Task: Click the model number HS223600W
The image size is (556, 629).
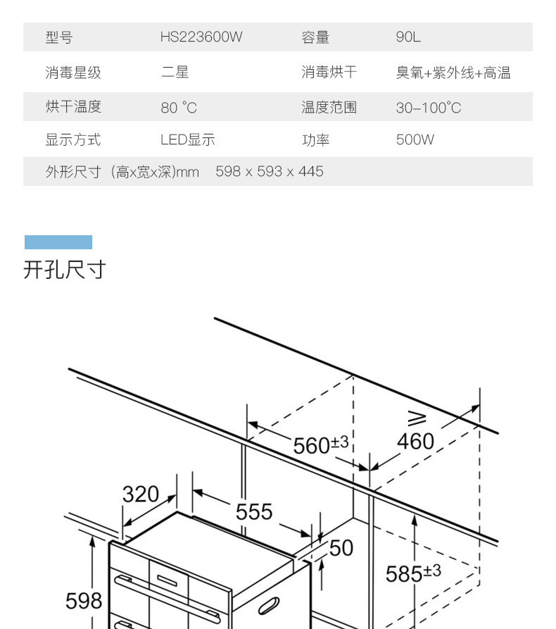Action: (x=201, y=37)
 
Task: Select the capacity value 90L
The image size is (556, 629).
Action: (x=408, y=37)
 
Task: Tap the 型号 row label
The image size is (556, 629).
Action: (x=58, y=37)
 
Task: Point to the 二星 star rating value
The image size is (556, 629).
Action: (x=175, y=72)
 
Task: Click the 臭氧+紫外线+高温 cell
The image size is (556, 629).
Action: (x=453, y=72)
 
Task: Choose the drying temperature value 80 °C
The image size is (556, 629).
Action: (x=179, y=108)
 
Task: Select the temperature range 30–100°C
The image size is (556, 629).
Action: (x=428, y=108)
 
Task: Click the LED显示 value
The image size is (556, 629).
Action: (x=187, y=139)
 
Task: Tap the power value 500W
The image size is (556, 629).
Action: (x=415, y=139)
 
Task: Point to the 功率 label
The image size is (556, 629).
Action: (x=315, y=139)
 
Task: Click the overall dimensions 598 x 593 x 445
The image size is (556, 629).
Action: (x=270, y=171)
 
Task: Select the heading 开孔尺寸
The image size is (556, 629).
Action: (x=64, y=269)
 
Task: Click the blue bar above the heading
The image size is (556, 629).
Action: (x=58, y=242)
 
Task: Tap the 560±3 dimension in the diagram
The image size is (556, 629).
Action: (x=320, y=444)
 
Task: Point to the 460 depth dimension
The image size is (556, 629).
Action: (x=415, y=442)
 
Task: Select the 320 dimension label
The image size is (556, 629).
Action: (x=141, y=494)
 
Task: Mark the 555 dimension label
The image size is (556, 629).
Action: (x=253, y=511)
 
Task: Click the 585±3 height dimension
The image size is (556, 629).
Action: (x=413, y=573)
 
